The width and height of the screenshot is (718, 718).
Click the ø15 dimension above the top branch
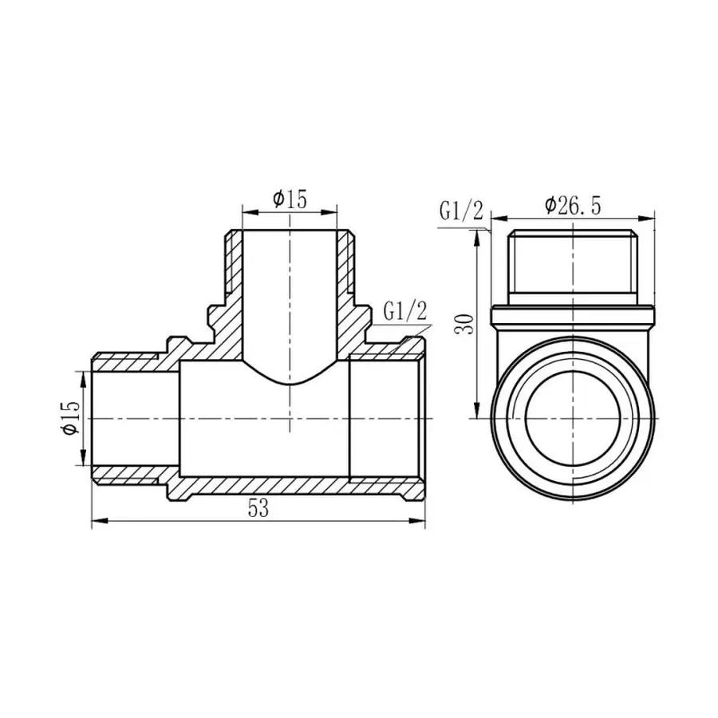290,199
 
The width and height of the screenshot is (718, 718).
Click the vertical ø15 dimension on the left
71,417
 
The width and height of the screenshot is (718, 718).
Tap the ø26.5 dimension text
573,205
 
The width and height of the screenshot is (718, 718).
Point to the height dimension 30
469,322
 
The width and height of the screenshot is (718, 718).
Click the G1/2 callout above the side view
461,212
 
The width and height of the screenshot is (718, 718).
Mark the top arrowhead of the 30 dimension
479,233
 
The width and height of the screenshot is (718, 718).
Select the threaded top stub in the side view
573,263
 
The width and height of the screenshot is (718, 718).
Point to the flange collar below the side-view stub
573,317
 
